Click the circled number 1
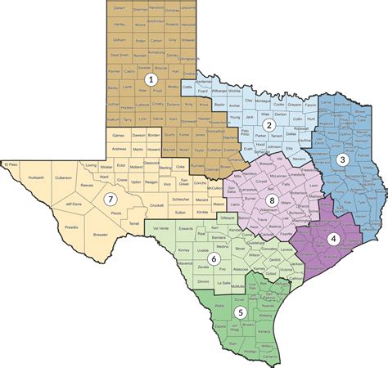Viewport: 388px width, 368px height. [x=150, y=79]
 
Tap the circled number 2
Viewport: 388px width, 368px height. [x=267, y=124]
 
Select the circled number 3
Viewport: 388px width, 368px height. [x=342, y=159]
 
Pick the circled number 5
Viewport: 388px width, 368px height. [x=240, y=312]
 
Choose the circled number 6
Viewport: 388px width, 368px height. [x=214, y=259]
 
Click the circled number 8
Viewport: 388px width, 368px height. [x=271, y=200]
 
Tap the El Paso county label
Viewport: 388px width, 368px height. [x=11, y=165]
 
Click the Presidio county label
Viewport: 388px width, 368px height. [x=71, y=227]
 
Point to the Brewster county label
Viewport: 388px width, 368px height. [x=100, y=234]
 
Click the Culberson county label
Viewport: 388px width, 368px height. [x=63, y=176]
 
